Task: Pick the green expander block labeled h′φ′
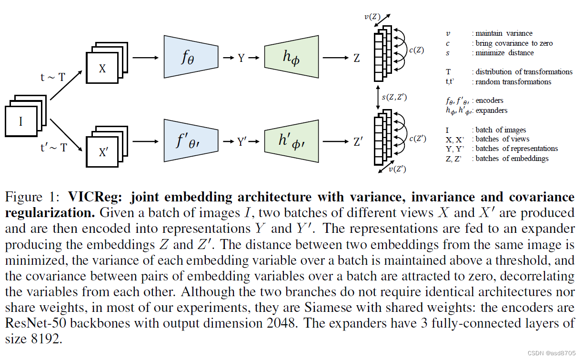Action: coord(291,141)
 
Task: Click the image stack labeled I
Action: coord(21,122)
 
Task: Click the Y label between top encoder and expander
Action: coord(241,58)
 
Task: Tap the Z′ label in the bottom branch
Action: coord(358,141)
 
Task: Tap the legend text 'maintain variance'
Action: coord(504,33)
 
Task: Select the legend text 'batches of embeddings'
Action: coord(512,159)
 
